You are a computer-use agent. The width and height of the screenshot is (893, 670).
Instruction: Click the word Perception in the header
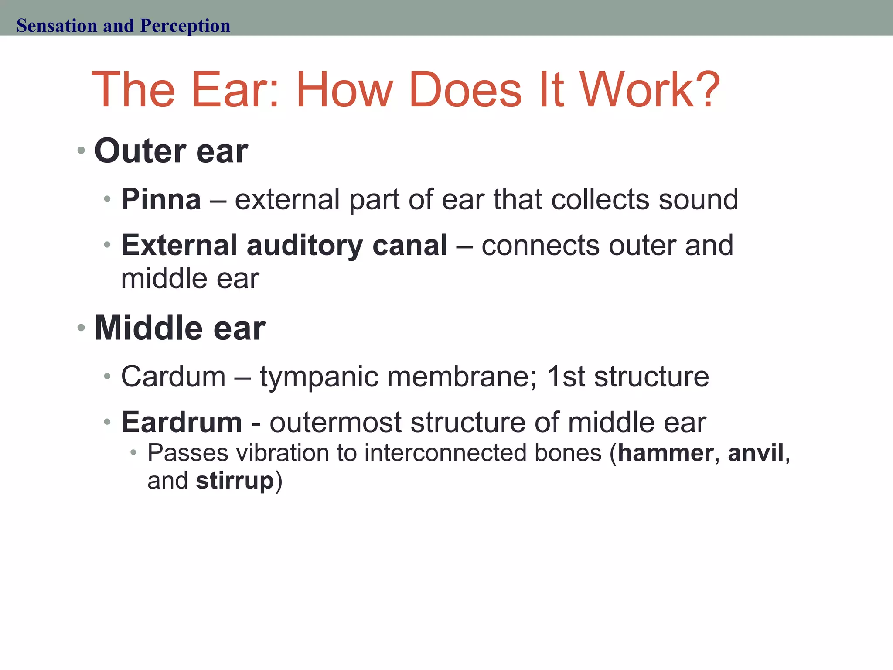click(x=185, y=26)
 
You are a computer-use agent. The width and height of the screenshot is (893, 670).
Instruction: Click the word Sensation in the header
click(x=57, y=26)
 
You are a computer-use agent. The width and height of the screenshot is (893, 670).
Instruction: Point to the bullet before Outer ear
click(x=81, y=151)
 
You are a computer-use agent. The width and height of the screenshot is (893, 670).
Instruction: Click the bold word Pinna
click(x=161, y=199)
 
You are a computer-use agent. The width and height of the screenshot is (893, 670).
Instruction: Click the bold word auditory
click(x=304, y=245)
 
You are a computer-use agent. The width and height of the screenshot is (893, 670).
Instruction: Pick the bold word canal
click(x=409, y=245)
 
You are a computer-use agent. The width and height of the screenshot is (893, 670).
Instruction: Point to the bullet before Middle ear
click(x=81, y=328)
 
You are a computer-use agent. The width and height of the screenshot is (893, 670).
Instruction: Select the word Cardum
click(x=173, y=376)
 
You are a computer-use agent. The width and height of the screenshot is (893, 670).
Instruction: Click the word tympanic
click(x=318, y=377)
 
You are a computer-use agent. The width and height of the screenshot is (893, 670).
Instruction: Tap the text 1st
click(x=565, y=376)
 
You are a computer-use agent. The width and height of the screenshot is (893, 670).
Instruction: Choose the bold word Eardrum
click(x=181, y=422)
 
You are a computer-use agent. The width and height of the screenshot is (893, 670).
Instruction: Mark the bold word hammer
click(x=665, y=453)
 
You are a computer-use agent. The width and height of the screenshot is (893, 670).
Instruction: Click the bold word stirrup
click(x=235, y=481)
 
